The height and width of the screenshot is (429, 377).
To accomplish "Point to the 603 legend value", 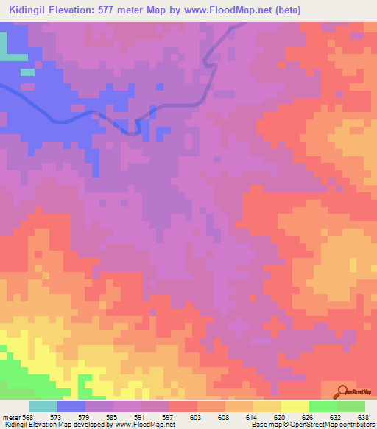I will pyautogui.click(x=197, y=416).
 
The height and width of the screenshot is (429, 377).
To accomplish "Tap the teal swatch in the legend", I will pyautogui.click(x=43, y=406).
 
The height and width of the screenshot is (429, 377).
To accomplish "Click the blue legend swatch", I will pyautogui.click(x=71, y=406).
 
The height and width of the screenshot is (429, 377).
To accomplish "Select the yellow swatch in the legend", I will pyautogui.click(x=295, y=406).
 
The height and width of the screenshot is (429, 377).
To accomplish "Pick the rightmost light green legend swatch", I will pyautogui.click(x=351, y=406).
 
